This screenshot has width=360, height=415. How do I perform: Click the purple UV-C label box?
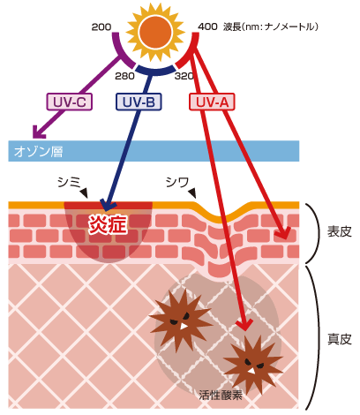[x=70, y=102]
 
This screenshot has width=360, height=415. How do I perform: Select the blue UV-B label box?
[x=139, y=102]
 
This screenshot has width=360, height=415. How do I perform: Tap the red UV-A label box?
[x=212, y=102]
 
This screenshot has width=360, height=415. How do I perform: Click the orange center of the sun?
[x=155, y=32]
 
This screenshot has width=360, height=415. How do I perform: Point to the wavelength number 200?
[x=101, y=27]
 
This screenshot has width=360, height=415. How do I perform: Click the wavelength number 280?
[x=124, y=76]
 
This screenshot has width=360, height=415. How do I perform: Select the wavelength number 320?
[x=184, y=76]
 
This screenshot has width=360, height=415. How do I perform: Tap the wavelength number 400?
[x=207, y=26]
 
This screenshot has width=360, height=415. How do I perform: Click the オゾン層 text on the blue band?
[x=38, y=152]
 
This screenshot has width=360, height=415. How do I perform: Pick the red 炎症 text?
[x=108, y=224]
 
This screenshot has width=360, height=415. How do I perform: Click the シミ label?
[x=69, y=182]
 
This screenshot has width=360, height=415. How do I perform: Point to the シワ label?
[x=177, y=182]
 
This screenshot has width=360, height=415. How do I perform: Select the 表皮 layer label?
[x=340, y=231]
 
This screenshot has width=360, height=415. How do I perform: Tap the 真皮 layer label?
[x=340, y=339]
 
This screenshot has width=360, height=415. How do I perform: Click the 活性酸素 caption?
[x=221, y=395]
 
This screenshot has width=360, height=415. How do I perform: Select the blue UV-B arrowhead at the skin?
[x=108, y=205]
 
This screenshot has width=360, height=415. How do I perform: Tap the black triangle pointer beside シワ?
[x=192, y=193]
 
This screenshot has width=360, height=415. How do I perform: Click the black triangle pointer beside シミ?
[x=85, y=193]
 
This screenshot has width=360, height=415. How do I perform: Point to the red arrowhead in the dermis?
[x=244, y=325]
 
